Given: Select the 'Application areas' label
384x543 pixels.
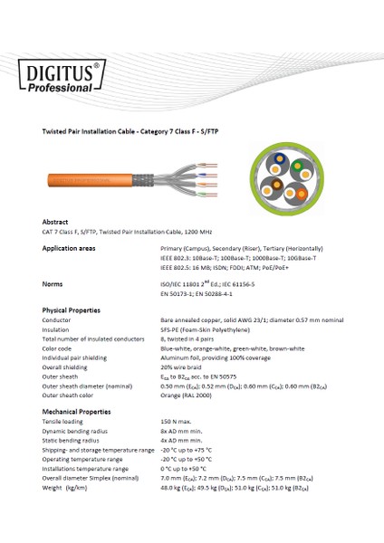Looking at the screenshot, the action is [x=70, y=246].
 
